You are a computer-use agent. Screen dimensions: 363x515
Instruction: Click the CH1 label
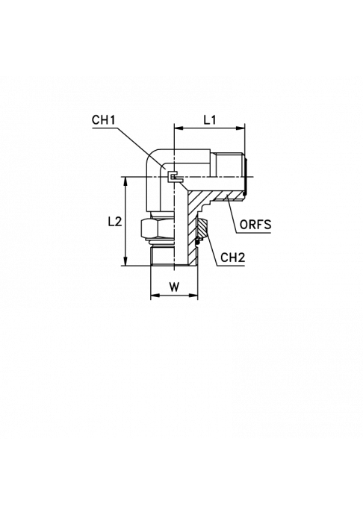tap(104, 120)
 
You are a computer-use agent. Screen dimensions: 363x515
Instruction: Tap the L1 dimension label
tap(209, 120)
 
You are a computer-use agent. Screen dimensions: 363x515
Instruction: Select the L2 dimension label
tap(115, 222)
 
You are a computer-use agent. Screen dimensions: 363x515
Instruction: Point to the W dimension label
tap(174, 287)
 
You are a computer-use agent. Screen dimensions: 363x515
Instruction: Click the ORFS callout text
tap(255, 225)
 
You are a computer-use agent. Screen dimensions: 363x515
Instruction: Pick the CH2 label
tap(233, 257)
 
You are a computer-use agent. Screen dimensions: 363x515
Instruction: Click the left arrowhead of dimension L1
tap(178, 128)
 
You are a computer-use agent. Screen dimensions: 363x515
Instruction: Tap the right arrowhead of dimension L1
tap(241, 128)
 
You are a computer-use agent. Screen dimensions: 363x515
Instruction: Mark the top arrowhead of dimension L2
tap(126, 181)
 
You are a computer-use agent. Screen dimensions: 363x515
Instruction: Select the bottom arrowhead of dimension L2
tap(126, 261)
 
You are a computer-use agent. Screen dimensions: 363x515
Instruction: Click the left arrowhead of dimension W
tap(155, 296)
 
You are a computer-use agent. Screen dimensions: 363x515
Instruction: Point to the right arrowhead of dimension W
tap(194, 296)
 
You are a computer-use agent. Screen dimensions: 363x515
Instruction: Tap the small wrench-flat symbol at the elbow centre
tap(173, 177)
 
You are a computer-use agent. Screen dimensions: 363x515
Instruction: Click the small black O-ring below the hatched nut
tap(198, 242)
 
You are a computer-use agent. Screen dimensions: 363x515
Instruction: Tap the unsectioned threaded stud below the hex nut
tap(162, 255)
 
